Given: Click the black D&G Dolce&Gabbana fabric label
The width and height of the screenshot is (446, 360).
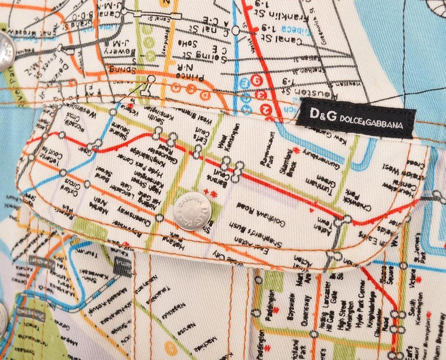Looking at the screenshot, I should click(x=355, y=118).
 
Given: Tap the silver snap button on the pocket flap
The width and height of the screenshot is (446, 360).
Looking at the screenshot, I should click(x=192, y=211).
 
